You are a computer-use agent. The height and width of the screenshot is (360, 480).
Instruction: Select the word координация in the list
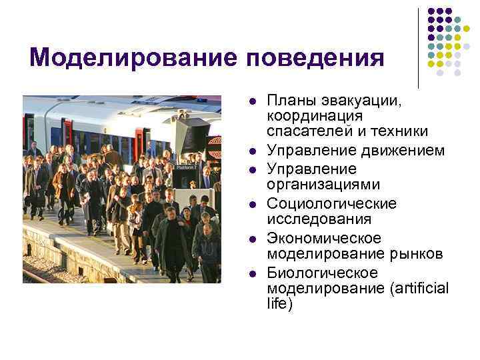306,115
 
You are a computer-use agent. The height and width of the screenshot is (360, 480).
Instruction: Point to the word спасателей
303,130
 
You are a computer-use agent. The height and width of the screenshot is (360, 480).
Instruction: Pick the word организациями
314,185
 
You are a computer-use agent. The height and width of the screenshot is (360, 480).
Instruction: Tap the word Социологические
331,203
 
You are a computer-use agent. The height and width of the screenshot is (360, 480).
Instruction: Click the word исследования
310,219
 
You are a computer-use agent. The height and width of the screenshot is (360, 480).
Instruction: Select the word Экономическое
324,238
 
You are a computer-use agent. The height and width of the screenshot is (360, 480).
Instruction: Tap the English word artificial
423,289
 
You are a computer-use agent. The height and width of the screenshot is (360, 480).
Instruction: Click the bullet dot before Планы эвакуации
252,102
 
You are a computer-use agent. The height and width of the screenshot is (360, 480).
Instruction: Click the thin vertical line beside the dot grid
418,47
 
